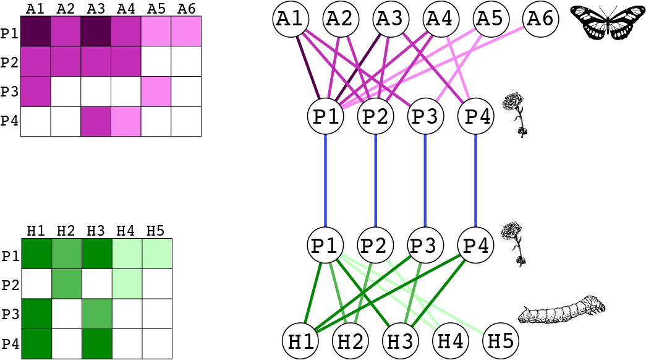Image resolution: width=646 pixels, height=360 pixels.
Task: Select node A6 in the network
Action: pos(541,19)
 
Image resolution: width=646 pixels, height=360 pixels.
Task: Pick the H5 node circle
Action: pos(501,340)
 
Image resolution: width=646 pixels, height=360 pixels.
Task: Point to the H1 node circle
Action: pos(301,340)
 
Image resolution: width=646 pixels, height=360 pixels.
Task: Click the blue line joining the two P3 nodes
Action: pos(425,180)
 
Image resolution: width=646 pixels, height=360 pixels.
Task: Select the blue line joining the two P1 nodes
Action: pos(325,180)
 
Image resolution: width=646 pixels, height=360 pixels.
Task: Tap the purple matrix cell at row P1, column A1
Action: pos(36,32)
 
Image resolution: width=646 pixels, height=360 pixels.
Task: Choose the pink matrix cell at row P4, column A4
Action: pos(126,121)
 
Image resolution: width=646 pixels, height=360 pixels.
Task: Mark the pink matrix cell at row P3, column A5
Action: pos(156,92)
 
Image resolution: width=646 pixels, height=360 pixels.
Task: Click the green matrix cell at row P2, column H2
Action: pos(66,283)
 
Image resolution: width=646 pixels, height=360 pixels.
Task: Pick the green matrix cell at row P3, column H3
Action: pos(96,314)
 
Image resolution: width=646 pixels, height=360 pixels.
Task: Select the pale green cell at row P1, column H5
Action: pos(157,254)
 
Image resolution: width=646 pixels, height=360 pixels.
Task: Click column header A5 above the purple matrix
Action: pos(156,9)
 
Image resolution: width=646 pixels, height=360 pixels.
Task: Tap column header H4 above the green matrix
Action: pos(126,231)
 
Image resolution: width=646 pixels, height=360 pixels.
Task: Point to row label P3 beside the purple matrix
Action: pos(9,92)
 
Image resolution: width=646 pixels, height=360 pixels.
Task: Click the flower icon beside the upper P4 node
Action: pos(517,114)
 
